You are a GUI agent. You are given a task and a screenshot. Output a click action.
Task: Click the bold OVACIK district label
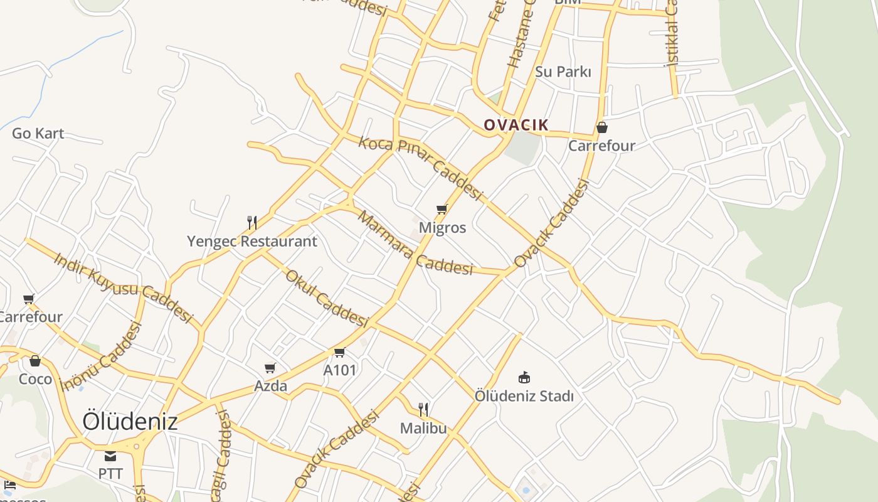point(516,125)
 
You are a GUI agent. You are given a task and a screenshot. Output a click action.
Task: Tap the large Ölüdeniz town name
point(130,421)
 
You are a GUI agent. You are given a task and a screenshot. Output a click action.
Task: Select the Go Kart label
point(38,133)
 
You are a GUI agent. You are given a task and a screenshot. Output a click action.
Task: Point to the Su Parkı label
point(563,72)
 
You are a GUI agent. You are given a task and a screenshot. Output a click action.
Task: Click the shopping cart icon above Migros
point(442,210)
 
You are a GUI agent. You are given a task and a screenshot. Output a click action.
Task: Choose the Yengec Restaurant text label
point(252,241)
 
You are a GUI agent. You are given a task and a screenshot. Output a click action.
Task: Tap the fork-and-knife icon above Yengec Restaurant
point(252,222)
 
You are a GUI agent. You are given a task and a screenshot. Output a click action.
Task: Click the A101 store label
point(339,370)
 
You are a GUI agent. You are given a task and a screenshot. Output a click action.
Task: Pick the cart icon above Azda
point(270,368)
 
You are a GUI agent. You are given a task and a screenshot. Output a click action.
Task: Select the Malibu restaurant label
point(423,428)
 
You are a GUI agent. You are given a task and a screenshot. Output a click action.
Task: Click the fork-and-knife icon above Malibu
point(423,410)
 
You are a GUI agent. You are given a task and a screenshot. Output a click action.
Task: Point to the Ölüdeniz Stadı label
point(524,396)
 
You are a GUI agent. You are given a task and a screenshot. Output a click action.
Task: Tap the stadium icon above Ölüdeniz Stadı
point(524,377)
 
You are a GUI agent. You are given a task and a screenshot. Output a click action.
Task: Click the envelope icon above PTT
point(110,456)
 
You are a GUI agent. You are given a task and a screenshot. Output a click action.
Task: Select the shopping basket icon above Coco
point(35,361)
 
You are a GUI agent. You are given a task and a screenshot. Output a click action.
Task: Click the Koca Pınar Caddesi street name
point(420,168)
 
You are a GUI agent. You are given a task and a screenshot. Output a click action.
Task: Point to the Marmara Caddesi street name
point(415,243)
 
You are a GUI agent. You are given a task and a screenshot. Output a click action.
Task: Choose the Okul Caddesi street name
point(325,298)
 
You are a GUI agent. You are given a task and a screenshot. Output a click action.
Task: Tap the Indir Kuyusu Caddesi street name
point(122,287)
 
